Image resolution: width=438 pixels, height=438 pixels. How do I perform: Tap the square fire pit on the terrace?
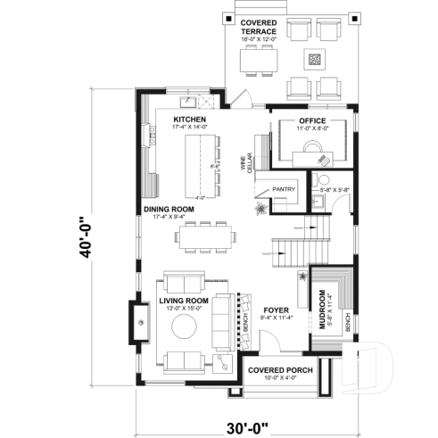click(x=314, y=60)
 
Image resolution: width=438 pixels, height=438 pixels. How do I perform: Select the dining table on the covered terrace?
click(x=259, y=60)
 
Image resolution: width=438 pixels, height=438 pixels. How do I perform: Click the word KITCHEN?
click(x=189, y=119)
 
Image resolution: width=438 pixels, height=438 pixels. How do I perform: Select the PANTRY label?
click(x=285, y=189)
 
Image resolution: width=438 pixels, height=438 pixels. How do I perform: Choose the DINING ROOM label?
click(x=169, y=210)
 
